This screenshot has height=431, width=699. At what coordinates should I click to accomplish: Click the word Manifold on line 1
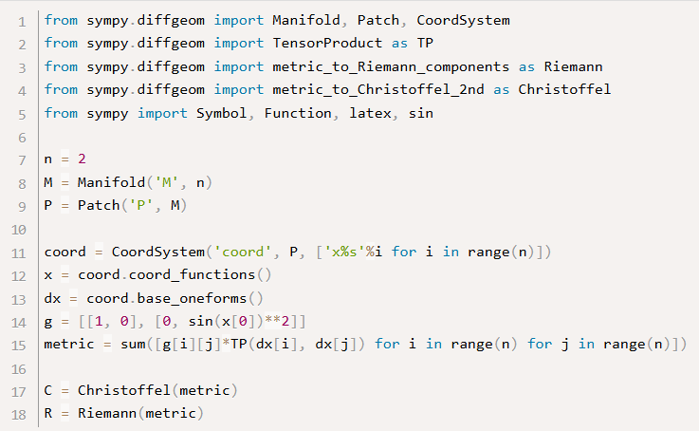point(306,21)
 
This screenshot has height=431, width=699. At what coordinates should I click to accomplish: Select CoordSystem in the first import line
point(463,21)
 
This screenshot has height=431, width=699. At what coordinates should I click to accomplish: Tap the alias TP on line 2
point(425,44)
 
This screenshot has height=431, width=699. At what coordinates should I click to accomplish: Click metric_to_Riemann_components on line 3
point(391,66)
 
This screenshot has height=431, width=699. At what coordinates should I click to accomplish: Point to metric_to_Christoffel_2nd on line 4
point(378,89)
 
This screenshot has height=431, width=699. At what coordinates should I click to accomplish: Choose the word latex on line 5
point(370,113)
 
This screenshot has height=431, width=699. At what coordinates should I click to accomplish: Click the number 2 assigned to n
point(82,159)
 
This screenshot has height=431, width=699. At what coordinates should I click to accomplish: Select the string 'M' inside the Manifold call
point(167,182)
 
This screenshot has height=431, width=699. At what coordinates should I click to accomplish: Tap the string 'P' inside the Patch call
point(141,205)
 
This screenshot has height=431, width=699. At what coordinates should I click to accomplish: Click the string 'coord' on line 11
point(243,253)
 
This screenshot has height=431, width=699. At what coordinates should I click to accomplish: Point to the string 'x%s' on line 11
point(344,253)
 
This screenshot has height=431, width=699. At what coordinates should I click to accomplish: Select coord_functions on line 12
point(192,275)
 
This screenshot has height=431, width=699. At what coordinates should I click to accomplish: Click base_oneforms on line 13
point(192,298)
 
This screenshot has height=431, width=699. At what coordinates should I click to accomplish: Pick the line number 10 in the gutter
point(19,230)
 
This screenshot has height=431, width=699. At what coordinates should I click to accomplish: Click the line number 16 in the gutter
point(19,369)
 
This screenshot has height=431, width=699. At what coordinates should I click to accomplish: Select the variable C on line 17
point(48,390)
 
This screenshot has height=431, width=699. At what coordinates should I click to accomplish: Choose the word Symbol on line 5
point(222,113)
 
